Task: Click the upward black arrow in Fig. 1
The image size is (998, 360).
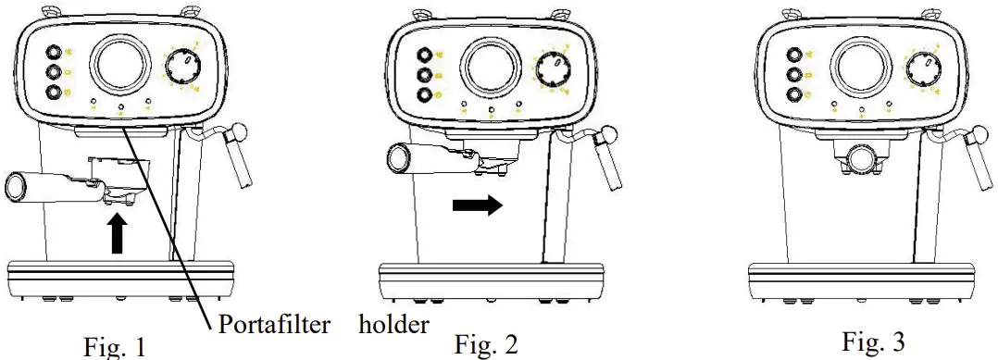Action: tap(118, 232)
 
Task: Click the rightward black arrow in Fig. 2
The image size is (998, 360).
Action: tap(477, 205)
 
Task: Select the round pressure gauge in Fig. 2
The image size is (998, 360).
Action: tap(493, 66)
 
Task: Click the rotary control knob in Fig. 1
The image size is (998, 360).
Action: tap(182, 68)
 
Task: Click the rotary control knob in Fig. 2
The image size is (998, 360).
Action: tap(554, 68)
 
